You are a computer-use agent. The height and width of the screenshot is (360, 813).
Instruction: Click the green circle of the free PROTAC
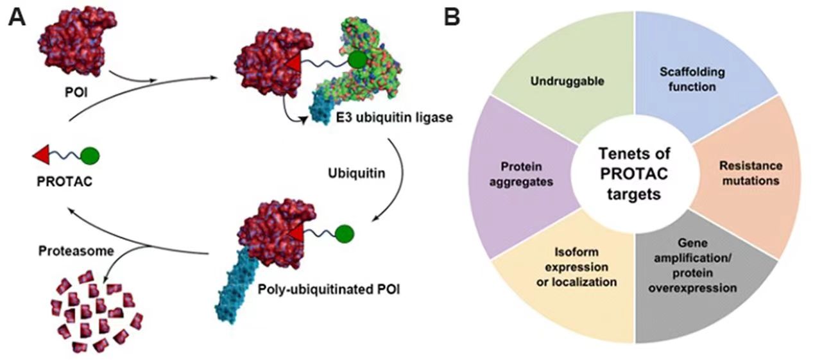(x=90, y=155)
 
